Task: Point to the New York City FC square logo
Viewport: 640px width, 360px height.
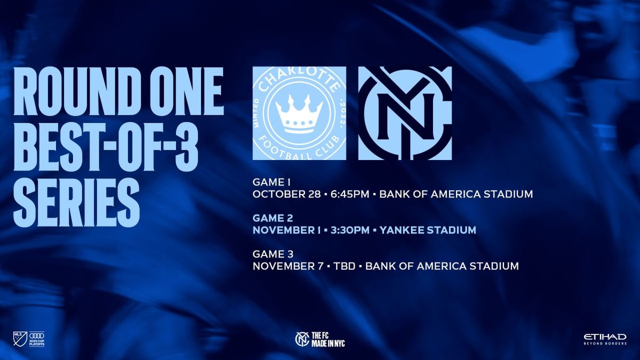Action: point(405,113)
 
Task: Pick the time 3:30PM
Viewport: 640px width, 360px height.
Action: point(349,230)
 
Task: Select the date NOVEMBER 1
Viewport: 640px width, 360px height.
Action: point(287,230)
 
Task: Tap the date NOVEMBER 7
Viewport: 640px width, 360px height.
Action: point(286,266)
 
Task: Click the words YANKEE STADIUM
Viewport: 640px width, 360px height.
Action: point(428,230)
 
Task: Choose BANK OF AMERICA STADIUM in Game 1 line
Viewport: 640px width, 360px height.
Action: point(457,194)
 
